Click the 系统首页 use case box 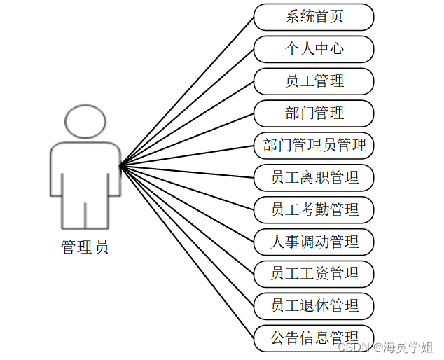[x=314, y=17]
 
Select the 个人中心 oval [x=314, y=49]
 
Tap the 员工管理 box [x=314, y=81]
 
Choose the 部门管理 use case [x=314, y=113]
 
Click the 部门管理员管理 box [x=314, y=146]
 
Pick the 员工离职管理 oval [x=314, y=178]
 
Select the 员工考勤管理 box [x=314, y=209]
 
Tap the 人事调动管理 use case [x=314, y=242]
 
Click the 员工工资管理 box [x=314, y=274]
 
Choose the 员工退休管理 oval [x=314, y=306]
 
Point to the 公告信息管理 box [x=314, y=338]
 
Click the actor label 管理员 [x=85, y=247]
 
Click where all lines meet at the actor [x=121, y=166]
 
